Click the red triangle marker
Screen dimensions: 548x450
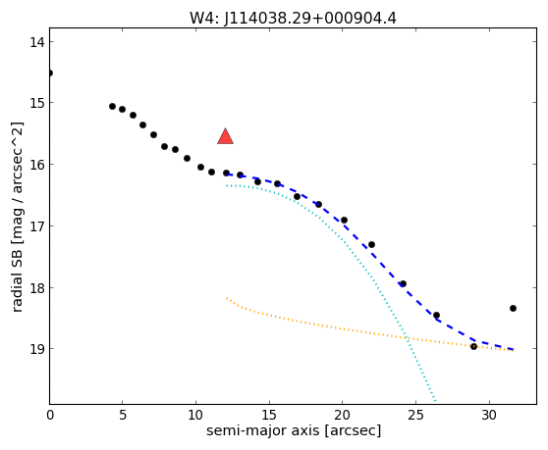(226, 136)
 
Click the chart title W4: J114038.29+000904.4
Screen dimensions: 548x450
(293, 19)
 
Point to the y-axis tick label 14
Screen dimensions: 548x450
(37, 42)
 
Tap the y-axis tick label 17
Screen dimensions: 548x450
(37, 226)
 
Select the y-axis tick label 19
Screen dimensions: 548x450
(37, 349)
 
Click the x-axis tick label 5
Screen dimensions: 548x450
(123, 415)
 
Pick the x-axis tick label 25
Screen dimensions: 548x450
(415, 415)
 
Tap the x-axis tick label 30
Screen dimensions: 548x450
(489, 415)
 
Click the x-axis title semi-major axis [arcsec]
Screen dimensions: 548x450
(294, 430)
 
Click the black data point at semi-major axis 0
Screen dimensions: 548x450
(50, 73)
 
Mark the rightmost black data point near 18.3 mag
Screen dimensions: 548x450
(513, 309)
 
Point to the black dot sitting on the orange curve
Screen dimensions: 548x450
(473, 346)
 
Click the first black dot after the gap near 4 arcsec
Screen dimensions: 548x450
(112, 107)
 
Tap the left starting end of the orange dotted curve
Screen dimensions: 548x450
(227, 298)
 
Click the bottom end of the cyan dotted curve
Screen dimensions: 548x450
(435, 401)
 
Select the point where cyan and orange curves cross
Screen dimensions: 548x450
(407, 337)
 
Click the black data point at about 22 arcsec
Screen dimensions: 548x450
(371, 244)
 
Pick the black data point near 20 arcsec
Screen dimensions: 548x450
(344, 221)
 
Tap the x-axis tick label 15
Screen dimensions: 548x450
(269, 415)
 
